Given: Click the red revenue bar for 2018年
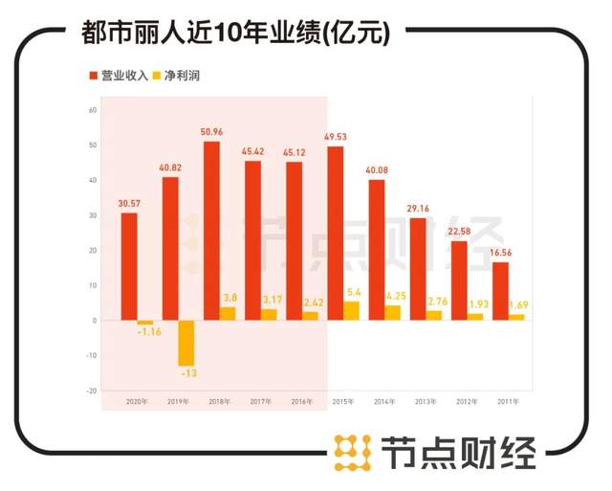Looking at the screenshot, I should [x=211, y=231].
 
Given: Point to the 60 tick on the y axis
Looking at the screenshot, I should [x=94, y=110].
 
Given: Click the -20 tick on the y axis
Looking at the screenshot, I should [x=93, y=391].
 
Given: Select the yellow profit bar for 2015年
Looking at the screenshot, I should [x=351, y=311].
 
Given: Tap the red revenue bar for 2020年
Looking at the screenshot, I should [x=129, y=266].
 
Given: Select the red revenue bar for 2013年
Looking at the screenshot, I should [x=418, y=269].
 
